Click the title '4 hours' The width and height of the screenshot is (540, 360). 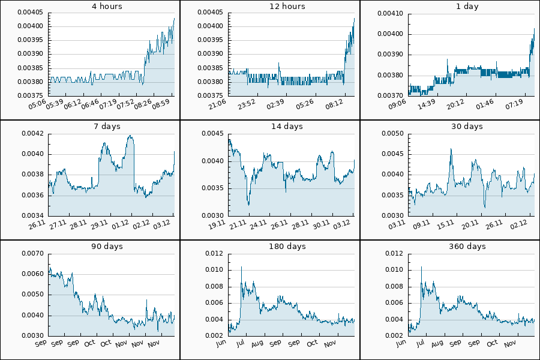coord(107,7)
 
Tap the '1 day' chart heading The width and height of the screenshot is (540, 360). coord(467,7)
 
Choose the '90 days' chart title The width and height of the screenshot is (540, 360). coord(107,247)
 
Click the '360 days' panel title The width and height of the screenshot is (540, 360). coord(467,247)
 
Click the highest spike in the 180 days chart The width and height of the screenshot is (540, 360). coord(241,266)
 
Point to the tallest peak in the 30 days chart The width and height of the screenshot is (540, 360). coord(451,149)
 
